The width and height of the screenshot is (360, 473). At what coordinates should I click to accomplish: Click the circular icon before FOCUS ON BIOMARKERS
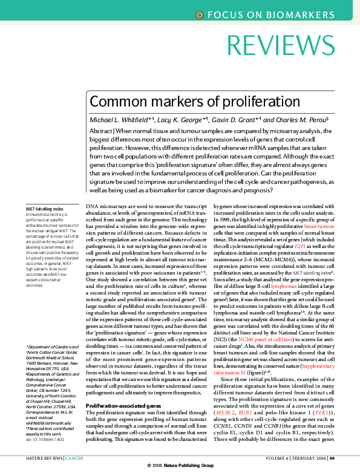(x=200, y=15)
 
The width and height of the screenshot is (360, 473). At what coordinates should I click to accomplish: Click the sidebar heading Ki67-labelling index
(x=45, y=209)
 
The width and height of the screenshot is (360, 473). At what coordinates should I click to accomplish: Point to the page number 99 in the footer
(x=349, y=458)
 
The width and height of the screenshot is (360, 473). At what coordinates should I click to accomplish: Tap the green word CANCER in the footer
(x=74, y=458)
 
